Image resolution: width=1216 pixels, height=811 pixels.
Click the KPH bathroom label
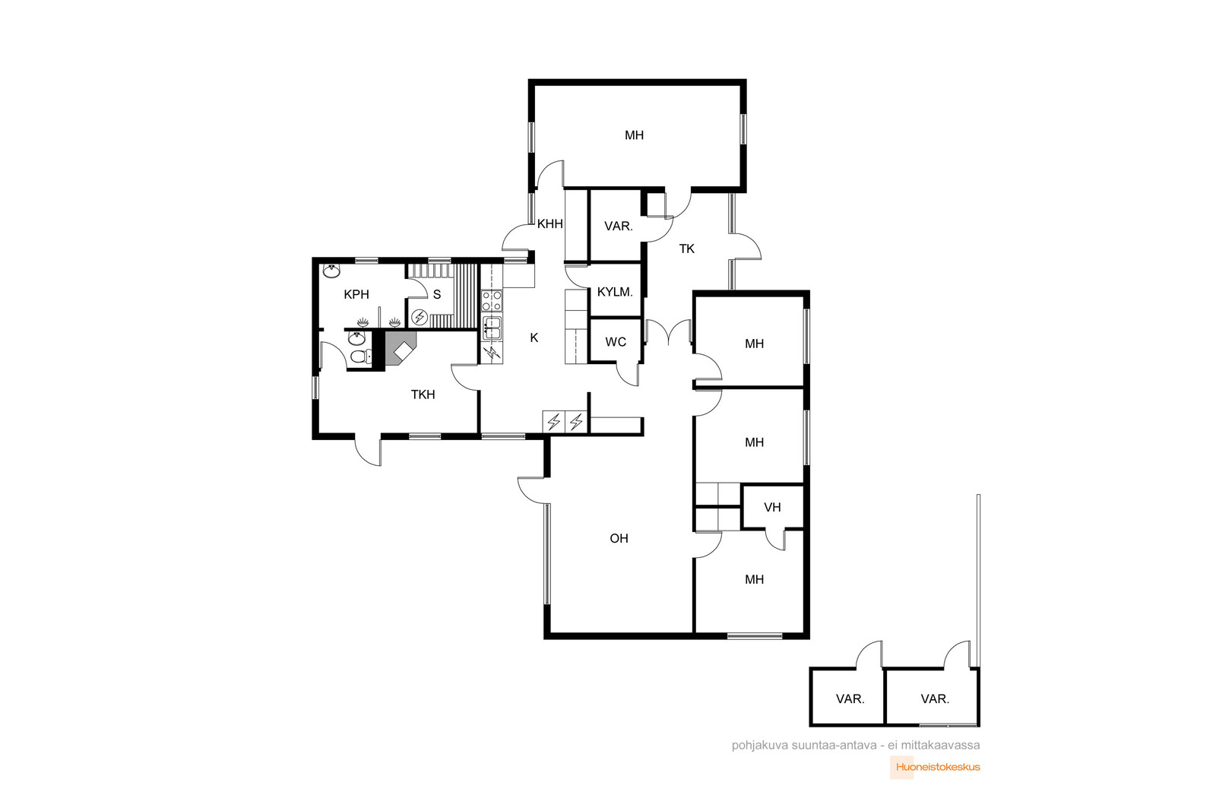(356, 295)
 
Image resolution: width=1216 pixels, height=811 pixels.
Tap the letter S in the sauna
(437, 295)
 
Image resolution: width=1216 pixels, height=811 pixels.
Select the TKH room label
(423, 394)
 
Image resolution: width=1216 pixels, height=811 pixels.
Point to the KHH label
(550, 223)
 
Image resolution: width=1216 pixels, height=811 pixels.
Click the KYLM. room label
(615, 292)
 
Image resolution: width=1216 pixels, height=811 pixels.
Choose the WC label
(616, 342)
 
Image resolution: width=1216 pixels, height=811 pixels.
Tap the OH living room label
(619, 538)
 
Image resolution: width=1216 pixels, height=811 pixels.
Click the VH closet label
(772, 508)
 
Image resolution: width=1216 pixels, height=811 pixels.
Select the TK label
(687, 249)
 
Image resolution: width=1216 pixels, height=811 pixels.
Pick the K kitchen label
(534, 338)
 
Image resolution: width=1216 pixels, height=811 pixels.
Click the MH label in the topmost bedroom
(634, 135)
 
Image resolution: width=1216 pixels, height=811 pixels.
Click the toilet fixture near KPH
(361, 356)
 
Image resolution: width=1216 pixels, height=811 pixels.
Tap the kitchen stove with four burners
(492, 301)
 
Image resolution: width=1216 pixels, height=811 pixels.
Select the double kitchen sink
(492, 328)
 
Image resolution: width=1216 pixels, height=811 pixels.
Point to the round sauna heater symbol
(420, 316)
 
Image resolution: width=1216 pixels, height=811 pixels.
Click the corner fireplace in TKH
(400, 349)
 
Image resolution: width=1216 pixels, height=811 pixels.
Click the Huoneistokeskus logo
(935, 768)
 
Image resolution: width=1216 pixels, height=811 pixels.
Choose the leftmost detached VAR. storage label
(850, 699)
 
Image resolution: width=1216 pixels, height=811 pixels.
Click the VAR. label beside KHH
(619, 227)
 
